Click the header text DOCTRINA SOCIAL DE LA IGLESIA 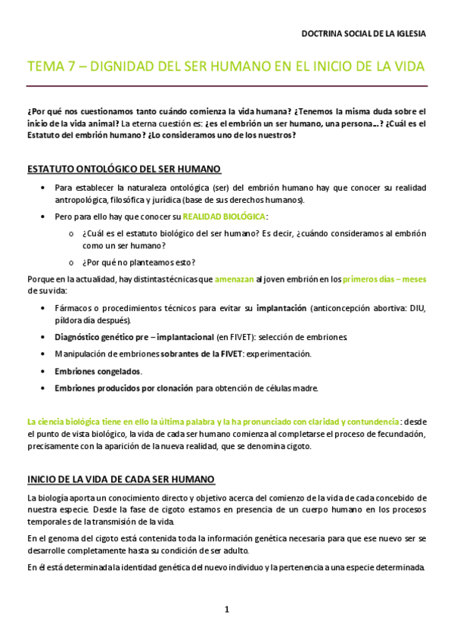[x=363, y=34]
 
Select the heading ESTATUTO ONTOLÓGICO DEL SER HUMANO [x=124, y=168]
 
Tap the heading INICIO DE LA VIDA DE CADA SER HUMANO [x=121, y=479]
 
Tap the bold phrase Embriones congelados [x=98, y=371]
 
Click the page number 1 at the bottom [x=226, y=609]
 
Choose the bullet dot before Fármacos [x=40, y=309]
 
